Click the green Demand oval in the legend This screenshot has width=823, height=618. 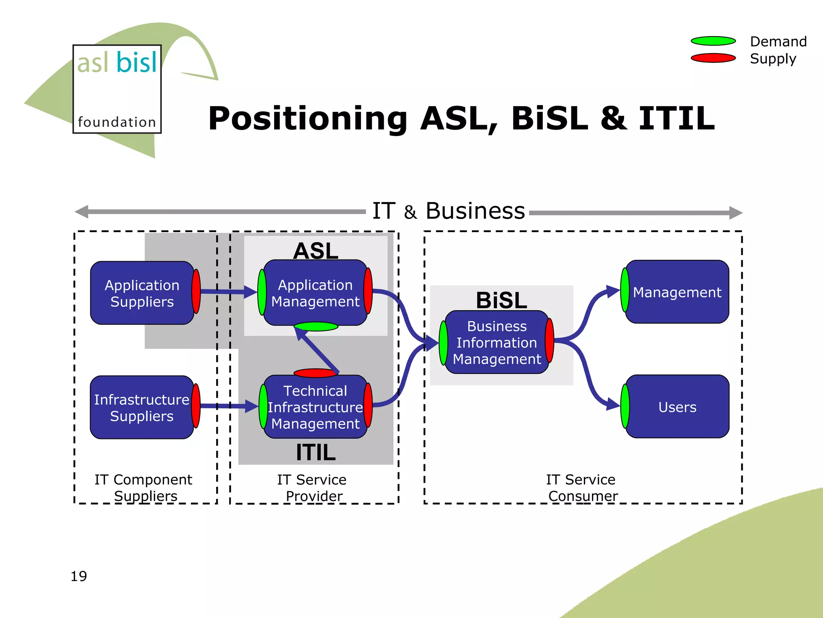coord(713,41)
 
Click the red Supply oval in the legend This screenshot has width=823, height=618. coord(713,58)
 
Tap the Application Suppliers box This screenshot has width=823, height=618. coord(142,293)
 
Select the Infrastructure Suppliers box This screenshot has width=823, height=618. coord(142,407)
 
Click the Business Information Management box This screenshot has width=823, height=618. coord(497,342)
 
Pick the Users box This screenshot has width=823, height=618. coord(677,407)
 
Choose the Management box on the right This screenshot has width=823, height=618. coord(677,292)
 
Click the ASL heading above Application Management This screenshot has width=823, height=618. coord(315,251)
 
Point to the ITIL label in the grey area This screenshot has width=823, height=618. coord(315,452)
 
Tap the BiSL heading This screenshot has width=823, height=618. coord(501,300)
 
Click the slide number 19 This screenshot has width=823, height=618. coord(79,576)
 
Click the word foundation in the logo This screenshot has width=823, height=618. coord(117,122)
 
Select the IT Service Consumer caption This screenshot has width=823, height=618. coord(581,488)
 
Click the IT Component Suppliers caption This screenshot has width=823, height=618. coord(144,488)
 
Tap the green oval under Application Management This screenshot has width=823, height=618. coord(316,326)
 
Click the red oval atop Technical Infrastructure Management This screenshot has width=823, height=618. coord(315,373)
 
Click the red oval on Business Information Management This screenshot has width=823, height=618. coord(549,340)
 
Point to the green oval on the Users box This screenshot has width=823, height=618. coord(625,406)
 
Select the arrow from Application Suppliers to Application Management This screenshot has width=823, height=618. coord(227,291)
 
